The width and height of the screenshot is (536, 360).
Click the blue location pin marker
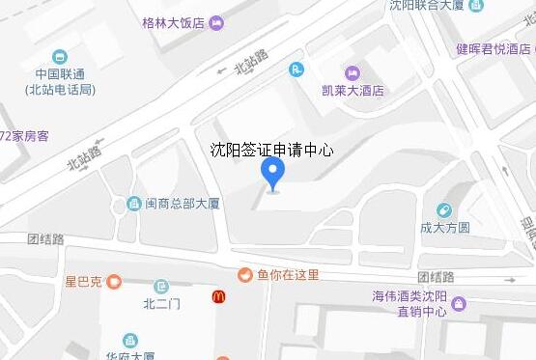tap(274, 175)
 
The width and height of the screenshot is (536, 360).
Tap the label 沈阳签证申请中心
tap(272, 150)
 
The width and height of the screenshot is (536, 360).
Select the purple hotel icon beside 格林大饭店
tap(217, 22)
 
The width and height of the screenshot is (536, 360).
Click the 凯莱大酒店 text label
tap(353, 91)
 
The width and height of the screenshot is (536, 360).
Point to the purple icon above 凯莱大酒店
tap(352, 72)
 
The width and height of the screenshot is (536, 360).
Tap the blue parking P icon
tap(296, 68)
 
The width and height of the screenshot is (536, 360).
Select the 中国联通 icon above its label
tap(61, 56)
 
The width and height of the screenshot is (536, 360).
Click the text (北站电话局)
tap(60, 90)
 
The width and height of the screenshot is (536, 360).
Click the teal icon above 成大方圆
tap(444, 210)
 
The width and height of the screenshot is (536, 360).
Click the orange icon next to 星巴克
tap(114, 282)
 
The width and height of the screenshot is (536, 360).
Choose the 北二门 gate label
tap(161, 305)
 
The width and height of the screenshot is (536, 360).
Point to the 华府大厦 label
tap(130, 354)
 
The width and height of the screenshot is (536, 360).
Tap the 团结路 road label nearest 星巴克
tap(45, 238)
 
